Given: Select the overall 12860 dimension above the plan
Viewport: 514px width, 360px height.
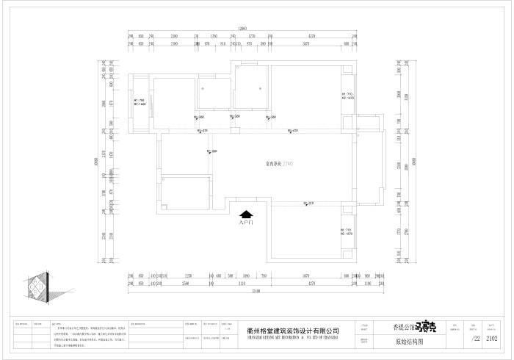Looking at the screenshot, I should click(x=242, y=28).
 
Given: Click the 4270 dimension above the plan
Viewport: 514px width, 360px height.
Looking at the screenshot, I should click(x=311, y=36).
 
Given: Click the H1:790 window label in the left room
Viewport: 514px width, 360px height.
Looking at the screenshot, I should click(x=139, y=102).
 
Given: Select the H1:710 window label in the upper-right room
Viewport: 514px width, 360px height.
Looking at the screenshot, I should click(x=347, y=96).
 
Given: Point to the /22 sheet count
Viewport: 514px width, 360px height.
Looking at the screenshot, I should click(x=474, y=339).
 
